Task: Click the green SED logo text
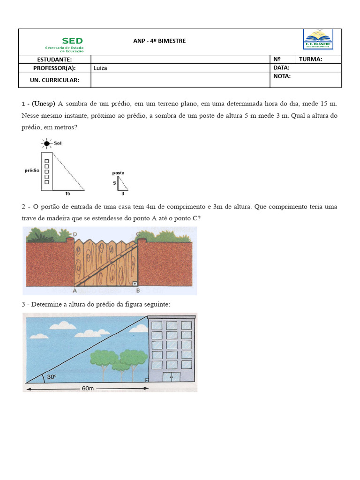(72, 41)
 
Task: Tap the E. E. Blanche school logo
(318, 39)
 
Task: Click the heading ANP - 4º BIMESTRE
(159, 41)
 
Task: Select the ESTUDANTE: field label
(54, 60)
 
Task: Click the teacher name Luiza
(100, 68)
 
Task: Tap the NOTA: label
(282, 76)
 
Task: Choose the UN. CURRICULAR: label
(54, 80)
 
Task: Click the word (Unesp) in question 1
(44, 103)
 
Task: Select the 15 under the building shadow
(67, 193)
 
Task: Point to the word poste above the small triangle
(118, 173)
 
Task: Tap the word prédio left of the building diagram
(31, 171)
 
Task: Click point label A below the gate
(75, 290)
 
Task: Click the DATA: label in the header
(281, 68)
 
